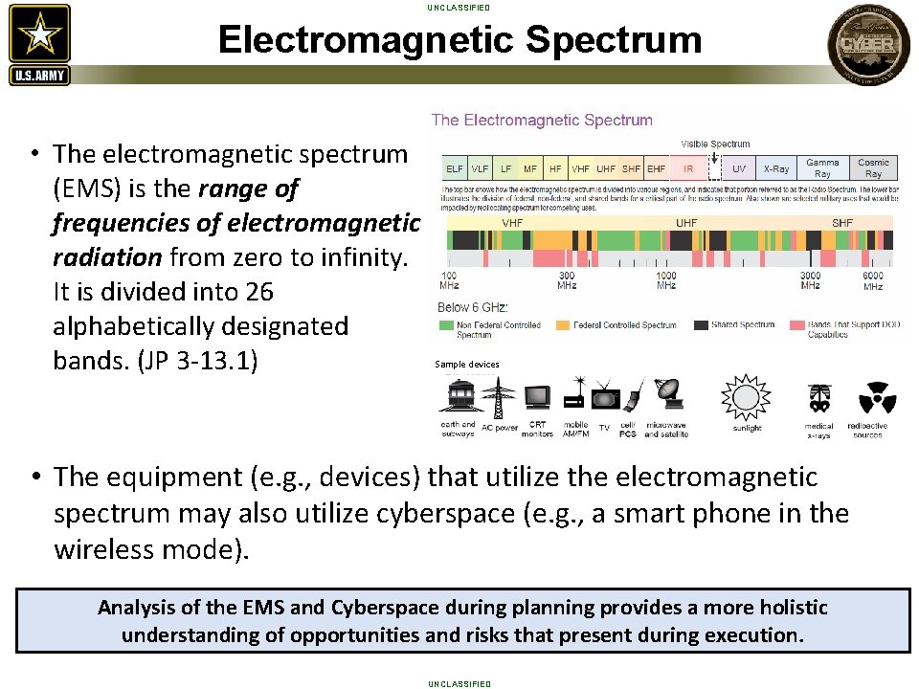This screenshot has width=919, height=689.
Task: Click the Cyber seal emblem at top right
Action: click(x=868, y=43)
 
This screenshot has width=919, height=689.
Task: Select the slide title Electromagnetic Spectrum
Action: click(x=459, y=40)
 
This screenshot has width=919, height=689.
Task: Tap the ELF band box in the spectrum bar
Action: click(x=455, y=168)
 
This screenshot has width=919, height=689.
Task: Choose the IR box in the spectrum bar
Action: click(x=687, y=168)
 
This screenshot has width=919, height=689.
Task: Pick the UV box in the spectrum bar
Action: click(x=738, y=168)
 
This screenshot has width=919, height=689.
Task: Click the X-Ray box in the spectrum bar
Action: click(x=776, y=168)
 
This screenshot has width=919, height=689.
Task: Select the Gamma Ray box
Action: click(x=822, y=168)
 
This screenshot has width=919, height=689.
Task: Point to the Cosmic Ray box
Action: click(x=873, y=168)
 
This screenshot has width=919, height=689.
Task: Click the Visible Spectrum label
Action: click(x=715, y=144)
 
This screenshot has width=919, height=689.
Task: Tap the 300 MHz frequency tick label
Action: click(x=567, y=280)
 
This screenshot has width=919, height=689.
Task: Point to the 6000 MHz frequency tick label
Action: click(x=873, y=280)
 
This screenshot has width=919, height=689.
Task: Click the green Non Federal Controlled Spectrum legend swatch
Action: click(x=445, y=325)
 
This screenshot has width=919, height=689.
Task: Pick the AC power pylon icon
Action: click(x=499, y=397)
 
